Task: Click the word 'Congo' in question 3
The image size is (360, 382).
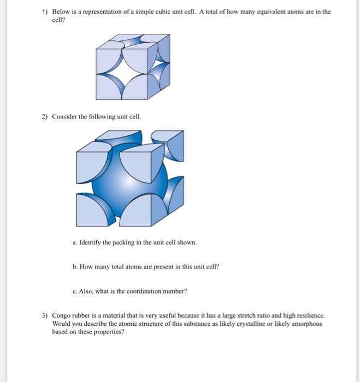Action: click(x=62, y=316)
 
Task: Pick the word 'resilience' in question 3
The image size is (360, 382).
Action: click(x=309, y=316)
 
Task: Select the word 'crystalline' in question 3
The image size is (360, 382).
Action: click(x=235, y=324)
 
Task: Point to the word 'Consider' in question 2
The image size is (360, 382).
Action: click(x=64, y=117)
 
